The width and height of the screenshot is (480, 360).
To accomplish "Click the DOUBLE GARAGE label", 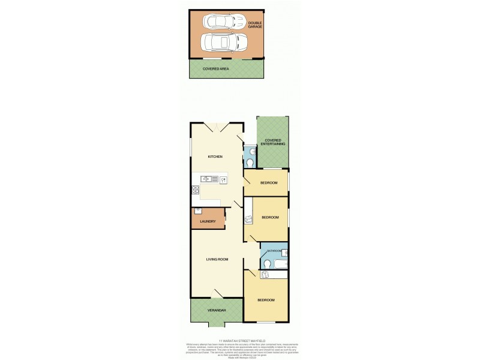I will [255, 25].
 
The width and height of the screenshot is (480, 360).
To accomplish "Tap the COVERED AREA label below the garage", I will [216, 69].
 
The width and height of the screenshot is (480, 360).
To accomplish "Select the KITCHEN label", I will [215, 157].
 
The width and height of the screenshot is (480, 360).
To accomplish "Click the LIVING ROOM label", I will [217, 259].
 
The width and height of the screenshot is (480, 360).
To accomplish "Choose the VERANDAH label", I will [217, 310].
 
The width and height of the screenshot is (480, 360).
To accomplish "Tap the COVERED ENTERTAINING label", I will [273, 142].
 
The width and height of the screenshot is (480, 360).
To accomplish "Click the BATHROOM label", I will [274, 250].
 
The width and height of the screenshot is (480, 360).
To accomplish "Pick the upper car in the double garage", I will [220, 22].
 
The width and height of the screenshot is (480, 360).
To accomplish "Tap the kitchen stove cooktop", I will [195, 191].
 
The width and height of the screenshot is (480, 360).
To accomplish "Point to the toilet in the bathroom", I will [268, 263].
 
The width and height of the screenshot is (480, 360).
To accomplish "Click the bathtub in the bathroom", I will [280, 263].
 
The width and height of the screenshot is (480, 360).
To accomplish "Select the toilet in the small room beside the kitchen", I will [250, 162].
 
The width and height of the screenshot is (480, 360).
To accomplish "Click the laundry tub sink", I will [199, 211].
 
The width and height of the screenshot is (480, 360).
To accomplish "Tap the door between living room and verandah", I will [218, 293].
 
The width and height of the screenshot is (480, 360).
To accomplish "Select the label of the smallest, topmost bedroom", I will [268, 182].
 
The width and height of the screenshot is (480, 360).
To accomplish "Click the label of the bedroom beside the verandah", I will [266, 300].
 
